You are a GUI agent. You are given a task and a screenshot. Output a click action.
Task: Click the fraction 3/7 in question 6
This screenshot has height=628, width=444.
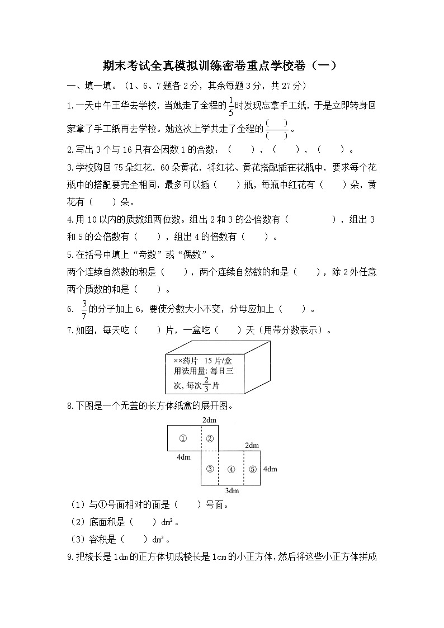(84, 309)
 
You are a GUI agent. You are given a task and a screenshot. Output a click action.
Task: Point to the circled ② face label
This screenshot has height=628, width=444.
(210, 438)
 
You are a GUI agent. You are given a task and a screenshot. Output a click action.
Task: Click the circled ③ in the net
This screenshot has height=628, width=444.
(210, 469)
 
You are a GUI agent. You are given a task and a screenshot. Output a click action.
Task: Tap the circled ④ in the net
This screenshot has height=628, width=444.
(231, 469)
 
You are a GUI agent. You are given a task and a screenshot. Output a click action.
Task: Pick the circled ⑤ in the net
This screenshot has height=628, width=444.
(252, 469)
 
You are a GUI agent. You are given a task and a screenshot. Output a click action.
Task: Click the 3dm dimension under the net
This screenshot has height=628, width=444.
(232, 490)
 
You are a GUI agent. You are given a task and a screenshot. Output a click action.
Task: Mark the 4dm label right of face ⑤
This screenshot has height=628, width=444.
(270, 469)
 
